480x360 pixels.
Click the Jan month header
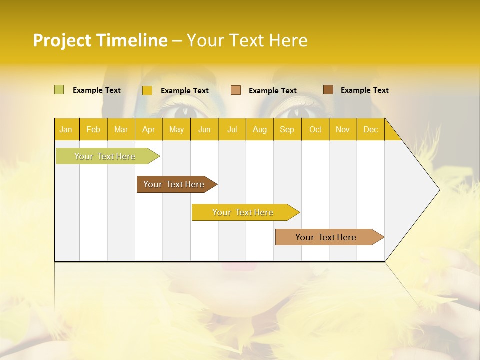click(x=66, y=129)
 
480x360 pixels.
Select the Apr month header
click(x=149, y=129)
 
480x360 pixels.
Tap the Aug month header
click(x=259, y=129)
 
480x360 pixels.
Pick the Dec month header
click(x=370, y=129)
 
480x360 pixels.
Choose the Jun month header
click(x=204, y=129)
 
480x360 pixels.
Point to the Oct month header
click(x=315, y=129)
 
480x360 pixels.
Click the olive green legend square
click(x=59, y=90)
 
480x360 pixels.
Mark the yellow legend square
click(x=147, y=90)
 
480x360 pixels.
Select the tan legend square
click(x=235, y=90)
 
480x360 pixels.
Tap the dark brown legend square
click(x=328, y=90)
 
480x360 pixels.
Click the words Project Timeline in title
click(x=100, y=40)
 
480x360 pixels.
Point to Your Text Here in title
click(x=247, y=40)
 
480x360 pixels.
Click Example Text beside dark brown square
click(x=364, y=90)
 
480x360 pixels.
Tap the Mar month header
click(x=121, y=129)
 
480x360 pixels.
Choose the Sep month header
click(x=287, y=129)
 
